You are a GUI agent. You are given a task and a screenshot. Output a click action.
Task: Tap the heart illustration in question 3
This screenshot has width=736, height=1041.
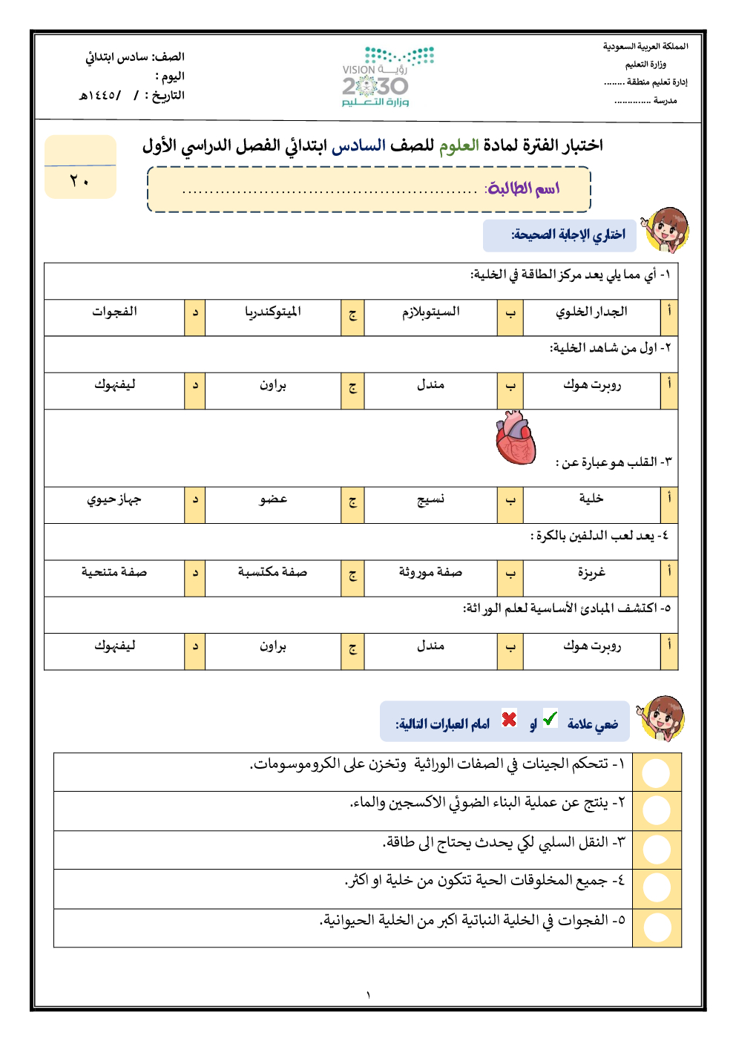click(x=516, y=439)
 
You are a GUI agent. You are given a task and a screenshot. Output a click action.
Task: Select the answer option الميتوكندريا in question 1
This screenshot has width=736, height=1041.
click(x=272, y=312)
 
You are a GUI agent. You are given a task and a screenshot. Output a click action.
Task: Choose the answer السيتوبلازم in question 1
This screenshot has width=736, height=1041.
click(x=430, y=312)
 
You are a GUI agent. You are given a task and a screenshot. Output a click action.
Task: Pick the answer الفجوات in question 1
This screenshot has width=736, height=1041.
click(x=114, y=312)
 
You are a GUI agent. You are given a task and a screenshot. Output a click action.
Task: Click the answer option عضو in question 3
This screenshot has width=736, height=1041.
click(x=272, y=499)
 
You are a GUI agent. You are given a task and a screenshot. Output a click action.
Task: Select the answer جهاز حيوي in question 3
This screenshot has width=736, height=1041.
click(x=114, y=499)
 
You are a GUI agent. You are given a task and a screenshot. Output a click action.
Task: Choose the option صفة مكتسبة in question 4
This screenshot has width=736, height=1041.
click(x=272, y=572)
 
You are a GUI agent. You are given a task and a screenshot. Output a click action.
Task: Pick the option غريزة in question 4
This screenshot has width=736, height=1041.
click(x=591, y=572)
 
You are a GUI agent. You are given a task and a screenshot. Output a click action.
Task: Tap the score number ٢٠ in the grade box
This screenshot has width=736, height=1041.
click(x=79, y=181)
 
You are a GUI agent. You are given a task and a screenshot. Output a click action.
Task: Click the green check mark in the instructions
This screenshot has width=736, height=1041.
click(x=550, y=718)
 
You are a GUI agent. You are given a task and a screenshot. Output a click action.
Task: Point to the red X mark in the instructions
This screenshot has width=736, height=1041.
click(x=509, y=719)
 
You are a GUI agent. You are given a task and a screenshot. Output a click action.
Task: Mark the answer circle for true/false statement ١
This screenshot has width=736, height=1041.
click(x=656, y=772)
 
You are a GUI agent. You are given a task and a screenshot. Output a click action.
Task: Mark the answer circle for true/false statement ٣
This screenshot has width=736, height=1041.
click(x=656, y=850)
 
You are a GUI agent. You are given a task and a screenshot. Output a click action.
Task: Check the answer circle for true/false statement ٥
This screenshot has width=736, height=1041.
click(x=657, y=927)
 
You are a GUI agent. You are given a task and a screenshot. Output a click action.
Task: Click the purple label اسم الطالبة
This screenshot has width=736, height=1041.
click(x=522, y=188)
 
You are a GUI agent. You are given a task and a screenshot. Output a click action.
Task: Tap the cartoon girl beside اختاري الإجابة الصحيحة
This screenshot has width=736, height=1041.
click(x=666, y=230)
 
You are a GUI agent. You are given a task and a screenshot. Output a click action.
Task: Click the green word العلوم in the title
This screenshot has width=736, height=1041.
click(x=459, y=145)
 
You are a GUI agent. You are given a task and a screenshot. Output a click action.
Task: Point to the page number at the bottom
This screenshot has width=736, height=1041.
click(x=367, y=995)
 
